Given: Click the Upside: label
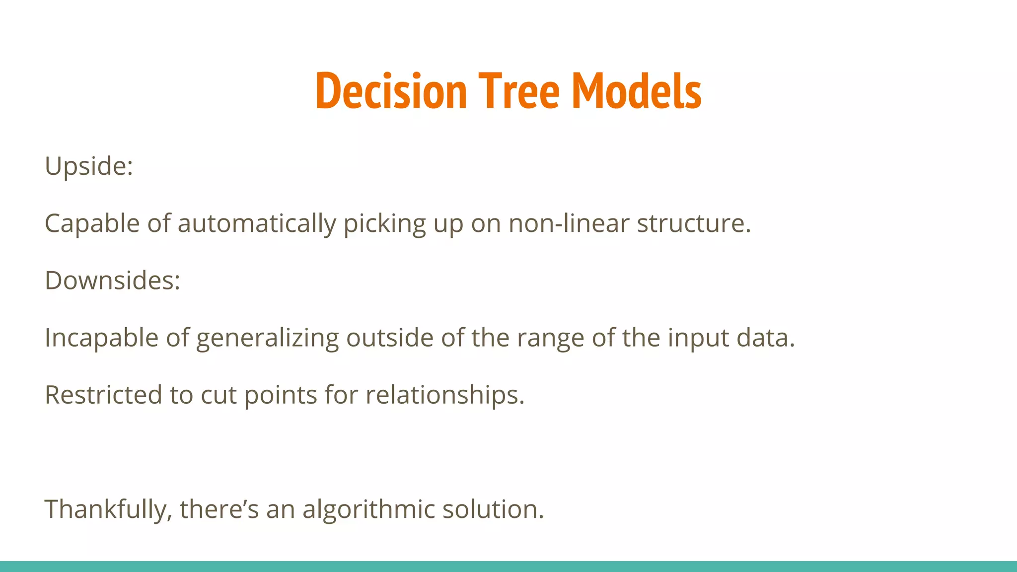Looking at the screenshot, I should pos(89,166).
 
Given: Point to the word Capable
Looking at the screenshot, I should pos(92,223).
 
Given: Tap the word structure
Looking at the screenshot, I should pos(694,223).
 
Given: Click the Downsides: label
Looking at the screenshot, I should pos(112,281).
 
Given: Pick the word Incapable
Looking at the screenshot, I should pos(101,338).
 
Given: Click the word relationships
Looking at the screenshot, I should pos(444,395).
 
